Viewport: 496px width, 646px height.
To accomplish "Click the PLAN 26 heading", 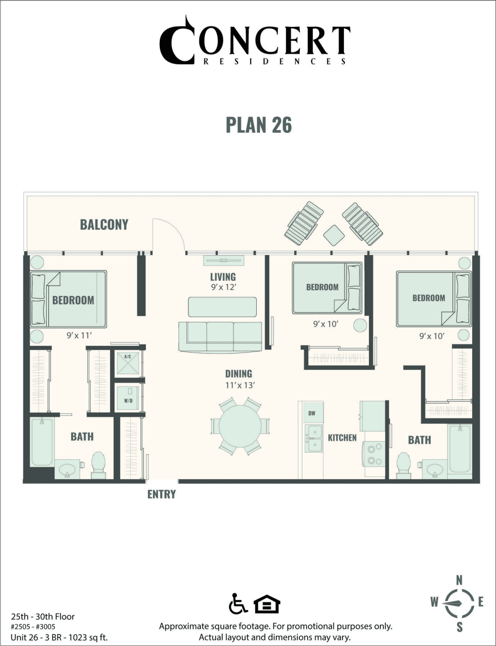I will [x=258, y=125].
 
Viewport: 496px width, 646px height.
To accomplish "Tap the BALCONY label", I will [x=104, y=224].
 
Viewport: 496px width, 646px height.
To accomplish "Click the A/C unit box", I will [x=127, y=363].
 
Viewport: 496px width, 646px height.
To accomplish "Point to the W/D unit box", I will [x=127, y=398].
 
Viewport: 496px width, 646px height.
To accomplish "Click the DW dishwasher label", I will [x=312, y=413].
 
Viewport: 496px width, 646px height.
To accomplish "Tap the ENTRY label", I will [x=161, y=495].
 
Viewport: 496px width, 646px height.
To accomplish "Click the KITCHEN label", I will [x=342, y=438].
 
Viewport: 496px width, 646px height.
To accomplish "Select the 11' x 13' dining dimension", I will [x=239, y=385].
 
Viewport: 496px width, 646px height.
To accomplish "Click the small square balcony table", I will [x=333, y=235].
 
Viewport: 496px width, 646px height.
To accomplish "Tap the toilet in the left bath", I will [x=99, y=464].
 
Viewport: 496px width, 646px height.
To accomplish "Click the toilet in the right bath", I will [x=404, y=464].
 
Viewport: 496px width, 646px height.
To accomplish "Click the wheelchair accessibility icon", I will [x=238, y=603].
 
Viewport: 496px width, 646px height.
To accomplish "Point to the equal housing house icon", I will [x=267, y=604].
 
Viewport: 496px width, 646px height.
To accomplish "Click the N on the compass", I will [x=459, y=580].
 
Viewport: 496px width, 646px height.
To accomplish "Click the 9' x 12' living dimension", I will [x=223, y=287].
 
